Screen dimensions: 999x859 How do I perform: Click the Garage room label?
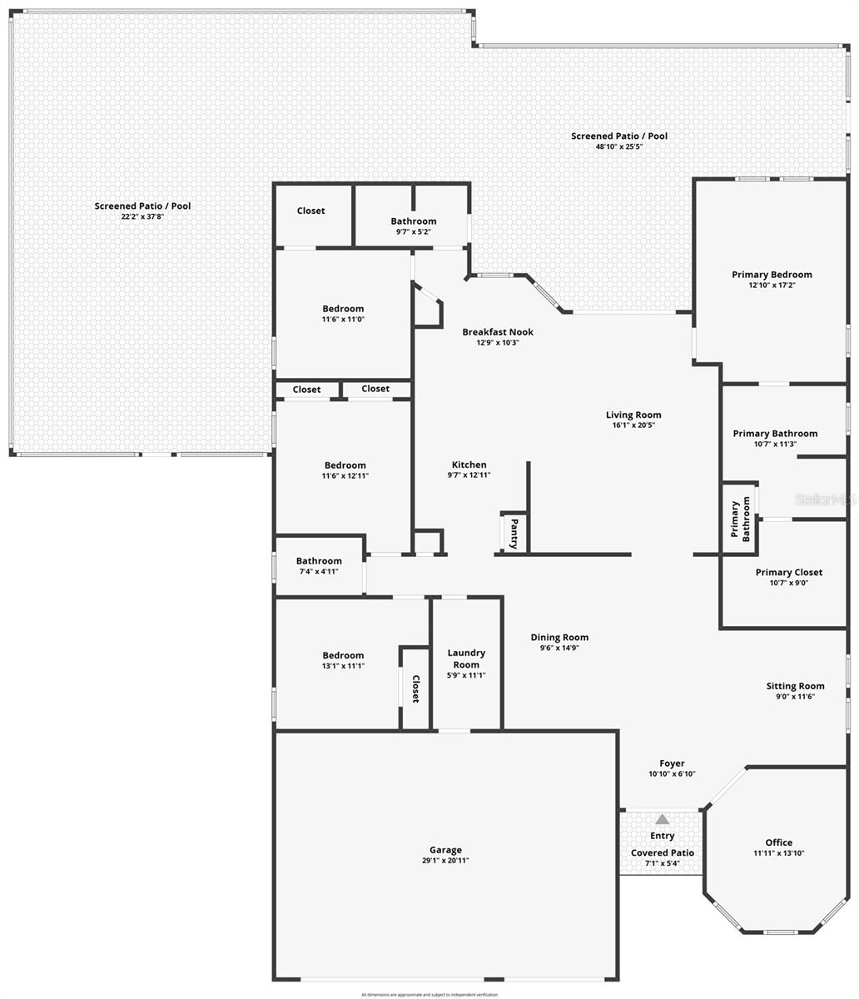coord(445,850)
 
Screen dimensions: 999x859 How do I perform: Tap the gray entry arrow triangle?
coord(662,820)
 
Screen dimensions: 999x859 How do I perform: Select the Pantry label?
coord(514,534)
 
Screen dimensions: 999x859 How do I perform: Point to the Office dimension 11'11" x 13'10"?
coord(778,853)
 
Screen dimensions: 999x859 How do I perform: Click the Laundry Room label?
coord(466,659)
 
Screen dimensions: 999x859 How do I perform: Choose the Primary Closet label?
coord(788,572)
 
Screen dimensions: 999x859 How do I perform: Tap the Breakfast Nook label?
coord(498,332)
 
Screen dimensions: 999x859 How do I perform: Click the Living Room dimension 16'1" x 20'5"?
coord(633,425)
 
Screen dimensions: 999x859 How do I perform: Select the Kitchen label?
coord(469,465)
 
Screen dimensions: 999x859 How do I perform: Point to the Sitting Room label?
coord(795,686)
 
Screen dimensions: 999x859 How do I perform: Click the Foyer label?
coord(672,763)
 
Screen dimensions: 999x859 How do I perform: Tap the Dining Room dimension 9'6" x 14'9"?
coord(559,648)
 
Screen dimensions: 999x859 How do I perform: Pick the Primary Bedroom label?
coord(772,275)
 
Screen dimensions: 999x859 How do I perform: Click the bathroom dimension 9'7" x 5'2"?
coord(413,231)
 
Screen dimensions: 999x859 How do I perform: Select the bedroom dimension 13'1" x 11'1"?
coord(343,666)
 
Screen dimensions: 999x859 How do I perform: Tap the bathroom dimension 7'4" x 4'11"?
coord(319,572)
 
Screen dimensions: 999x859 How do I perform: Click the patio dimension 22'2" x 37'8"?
coord(142,216)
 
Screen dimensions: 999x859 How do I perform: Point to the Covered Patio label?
coord(662,852)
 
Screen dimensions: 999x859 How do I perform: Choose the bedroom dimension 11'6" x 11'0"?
coord(343,319)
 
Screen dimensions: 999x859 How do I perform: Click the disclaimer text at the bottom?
coord(429,994)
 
